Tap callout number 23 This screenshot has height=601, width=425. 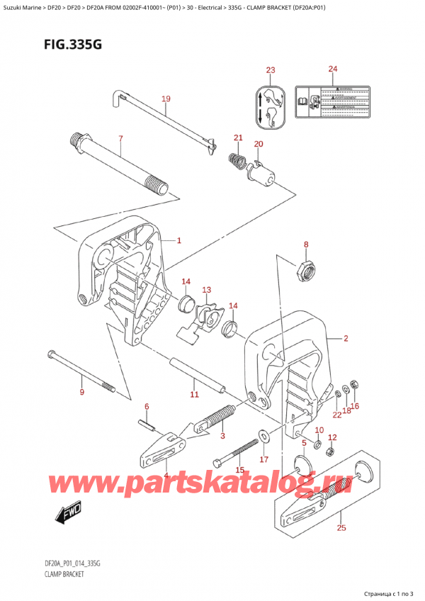tap(270, 69)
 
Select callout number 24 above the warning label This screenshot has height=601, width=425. tap(334, 69)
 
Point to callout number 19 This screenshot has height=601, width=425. tap(166, 99)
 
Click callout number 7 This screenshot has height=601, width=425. tap(120, 139)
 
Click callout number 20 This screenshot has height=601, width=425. tap(259, 145)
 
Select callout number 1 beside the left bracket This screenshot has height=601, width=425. tap(179, 240)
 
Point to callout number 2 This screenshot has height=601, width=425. tap(345, 339)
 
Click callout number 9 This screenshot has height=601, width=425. tap(81, 393)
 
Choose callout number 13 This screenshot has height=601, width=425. tap(206, 290)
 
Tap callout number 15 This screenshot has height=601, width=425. tap(240, 470)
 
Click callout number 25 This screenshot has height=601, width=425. tap(341, 527)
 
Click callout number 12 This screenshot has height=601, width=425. tap(331, 437)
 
